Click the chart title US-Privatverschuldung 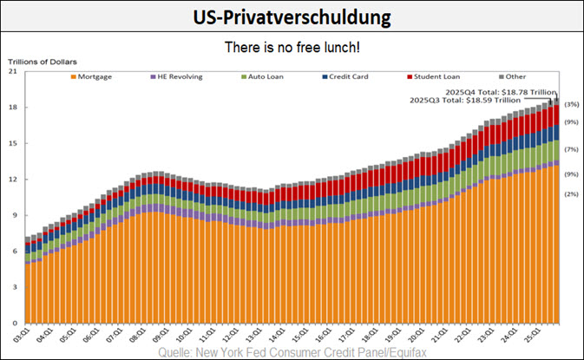click(x=292, y=16)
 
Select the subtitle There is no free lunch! click(x=292, y=47)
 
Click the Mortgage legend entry click(x=95, y=76)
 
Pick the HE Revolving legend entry click(x=180, y=76)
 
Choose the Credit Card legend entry click(x=344, y=76)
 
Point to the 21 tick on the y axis click(x=14, y=72)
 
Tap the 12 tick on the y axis click(x=14, y=180)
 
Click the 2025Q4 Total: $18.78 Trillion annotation click(x=499, y=91)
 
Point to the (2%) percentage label click(x=571, y=193)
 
